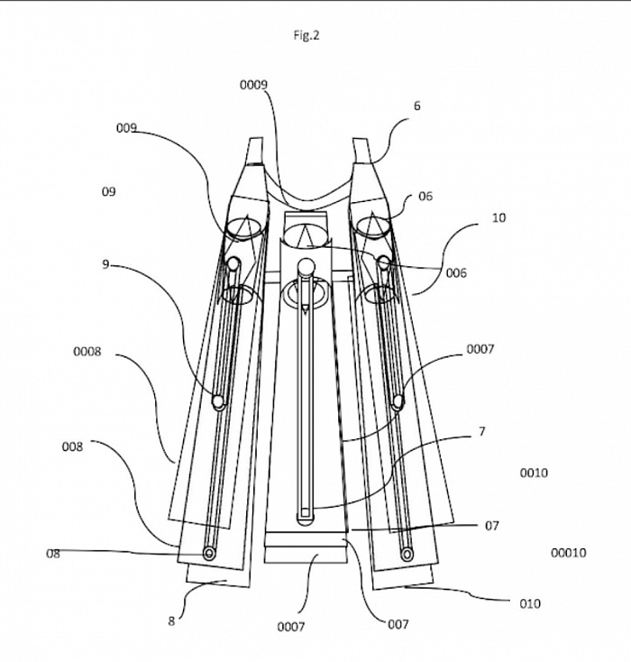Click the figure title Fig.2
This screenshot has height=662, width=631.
point(306,35)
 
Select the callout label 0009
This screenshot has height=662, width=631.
point(253,85)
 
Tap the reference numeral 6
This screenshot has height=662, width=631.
point(417,106)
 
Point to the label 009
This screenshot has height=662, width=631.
point(126,128)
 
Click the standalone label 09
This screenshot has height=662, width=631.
point(108,192)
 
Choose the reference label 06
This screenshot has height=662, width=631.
point(425,196)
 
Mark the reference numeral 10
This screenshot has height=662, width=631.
point(498,218)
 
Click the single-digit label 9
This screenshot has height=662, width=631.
point(105,264)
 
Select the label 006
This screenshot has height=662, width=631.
point(456,273)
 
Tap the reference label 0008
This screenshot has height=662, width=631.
point(87,351)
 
